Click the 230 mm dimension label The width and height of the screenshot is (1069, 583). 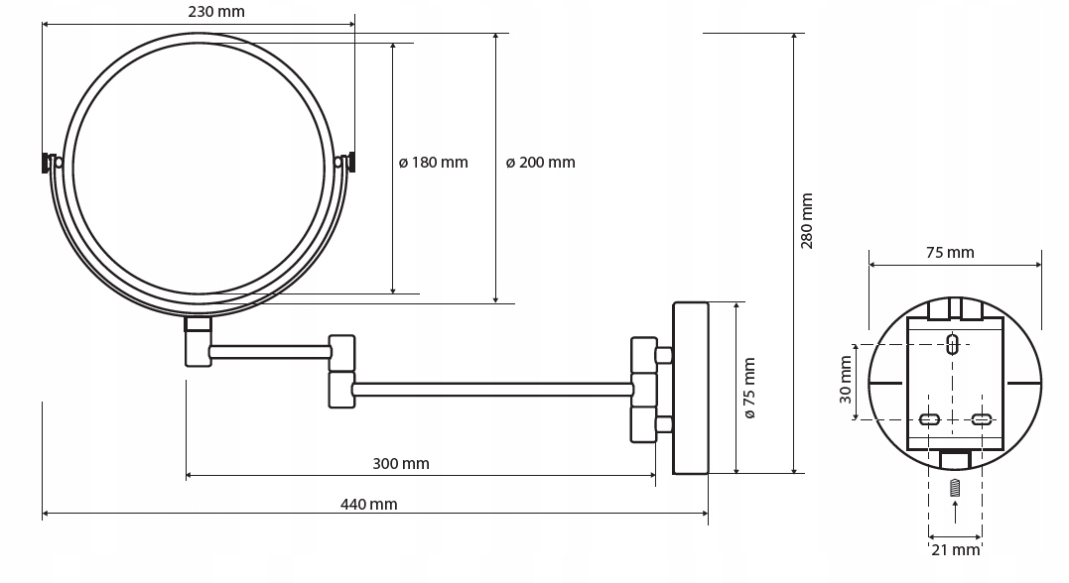coord(215,12)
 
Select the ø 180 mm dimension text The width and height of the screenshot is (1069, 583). coord(433,163)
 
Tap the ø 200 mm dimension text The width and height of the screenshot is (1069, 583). coord(540,163)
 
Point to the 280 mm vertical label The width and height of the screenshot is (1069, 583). coord(807,221)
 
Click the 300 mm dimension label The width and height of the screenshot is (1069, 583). coord(401,463)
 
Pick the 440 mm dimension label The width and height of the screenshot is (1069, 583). coord(368,504)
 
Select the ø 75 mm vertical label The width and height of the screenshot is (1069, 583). coord(749,388)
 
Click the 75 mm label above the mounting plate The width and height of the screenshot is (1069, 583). coord(950,252)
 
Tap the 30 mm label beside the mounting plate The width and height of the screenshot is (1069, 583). coord(845,381)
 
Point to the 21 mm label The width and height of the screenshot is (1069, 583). coord(954,549)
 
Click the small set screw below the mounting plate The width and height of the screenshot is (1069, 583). coord(955,488)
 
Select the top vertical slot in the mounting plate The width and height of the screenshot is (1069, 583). coord(953,345)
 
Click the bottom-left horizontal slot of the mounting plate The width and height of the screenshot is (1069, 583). coord(930,419)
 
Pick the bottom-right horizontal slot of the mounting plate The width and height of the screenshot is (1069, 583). coord(981,419)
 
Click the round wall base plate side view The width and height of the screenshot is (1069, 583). coord(691,388)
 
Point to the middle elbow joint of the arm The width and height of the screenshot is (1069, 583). coord(342,370)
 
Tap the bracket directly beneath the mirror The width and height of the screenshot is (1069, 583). coord(199,341)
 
